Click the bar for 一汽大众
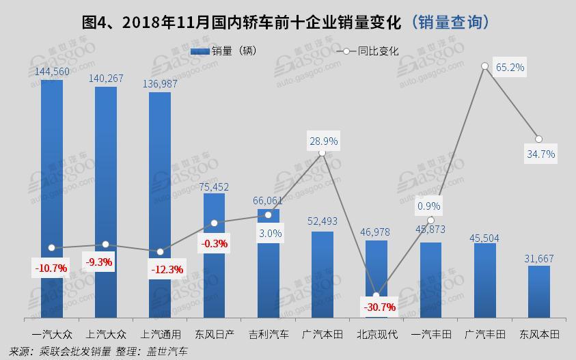coord(51,198)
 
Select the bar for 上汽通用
coord(160,205)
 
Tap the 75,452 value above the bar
coord(214,185)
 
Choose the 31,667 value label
coord(538,258)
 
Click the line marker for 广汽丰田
coord(484,66)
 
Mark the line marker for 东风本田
coord(538,139)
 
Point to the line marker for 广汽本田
coord(322,152)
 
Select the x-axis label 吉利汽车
coord(268,335)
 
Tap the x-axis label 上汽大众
coord(106,335)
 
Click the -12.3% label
coord(167,269)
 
